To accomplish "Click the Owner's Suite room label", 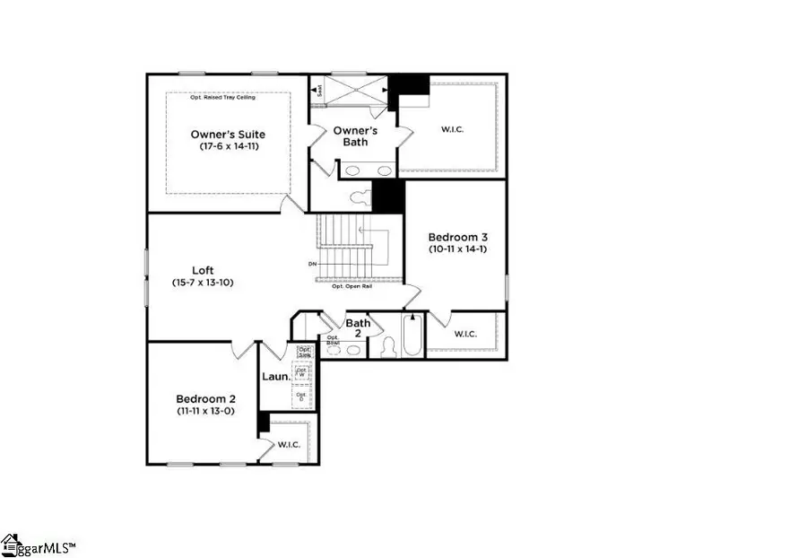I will [x=228, y=135].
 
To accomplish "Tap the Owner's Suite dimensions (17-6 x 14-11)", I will [x=228, y=146].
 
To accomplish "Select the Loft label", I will [x=203, y=270].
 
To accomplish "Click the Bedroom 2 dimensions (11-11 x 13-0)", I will [x=205, y=410].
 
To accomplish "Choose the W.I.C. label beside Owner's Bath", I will [x=453, y=128].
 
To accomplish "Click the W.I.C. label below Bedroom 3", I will [x=465, y=334].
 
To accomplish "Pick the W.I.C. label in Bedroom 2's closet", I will [x=288, y=443].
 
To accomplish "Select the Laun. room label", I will [x=275, y=377].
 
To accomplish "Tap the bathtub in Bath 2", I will [x=412, y=338].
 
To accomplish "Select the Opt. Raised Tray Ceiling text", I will [x=222, y=97].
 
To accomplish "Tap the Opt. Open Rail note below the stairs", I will [x=351, y=286].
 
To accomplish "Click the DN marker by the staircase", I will [x=312, y=264].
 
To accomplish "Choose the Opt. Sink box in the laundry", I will [x=304, y=351].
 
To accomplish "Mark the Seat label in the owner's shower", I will [x=317, y=89].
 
